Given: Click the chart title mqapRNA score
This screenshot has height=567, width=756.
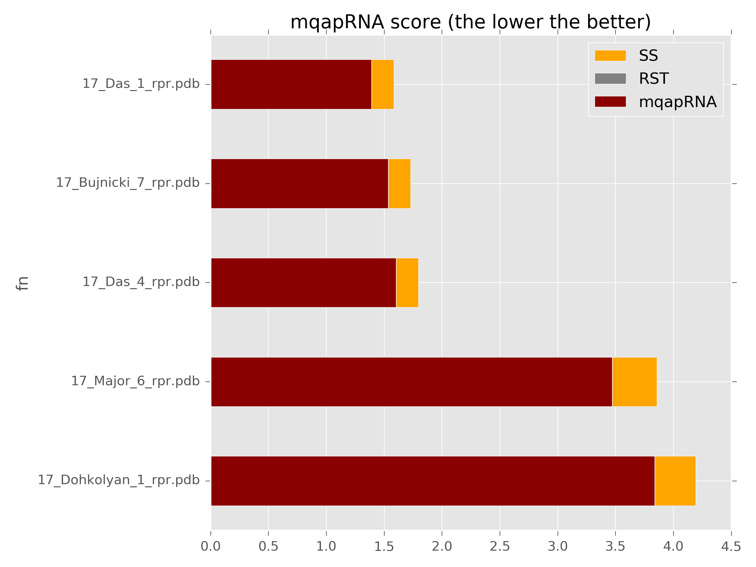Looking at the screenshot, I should [x=470, y=23].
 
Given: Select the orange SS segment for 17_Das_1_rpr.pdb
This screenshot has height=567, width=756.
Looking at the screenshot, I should [x=382, y=84].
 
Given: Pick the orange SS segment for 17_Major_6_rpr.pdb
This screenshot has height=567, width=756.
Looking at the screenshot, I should [x=634, y=382].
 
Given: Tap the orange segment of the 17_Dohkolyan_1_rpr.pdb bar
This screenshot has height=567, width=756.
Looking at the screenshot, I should [x=675, y=481].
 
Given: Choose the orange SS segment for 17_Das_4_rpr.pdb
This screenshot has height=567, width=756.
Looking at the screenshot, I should [x=407, y=283].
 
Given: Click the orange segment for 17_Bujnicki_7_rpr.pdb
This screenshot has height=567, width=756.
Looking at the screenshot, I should [x=399, y=184].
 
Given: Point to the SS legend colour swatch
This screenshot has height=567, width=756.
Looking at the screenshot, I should [x=610, y=56].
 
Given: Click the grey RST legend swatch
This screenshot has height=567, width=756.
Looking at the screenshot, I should [x=610, y=79].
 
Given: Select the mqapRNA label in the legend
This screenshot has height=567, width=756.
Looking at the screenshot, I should [x=677, y=102].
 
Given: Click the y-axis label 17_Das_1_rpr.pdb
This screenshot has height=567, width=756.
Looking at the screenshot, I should [x=141, y=84].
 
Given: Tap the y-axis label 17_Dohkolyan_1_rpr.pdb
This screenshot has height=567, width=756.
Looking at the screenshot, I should [x=118, y=480].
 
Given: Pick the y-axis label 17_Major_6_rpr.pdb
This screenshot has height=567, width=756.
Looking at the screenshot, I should [x=135, y=381].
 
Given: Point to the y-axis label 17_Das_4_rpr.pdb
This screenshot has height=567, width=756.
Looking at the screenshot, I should [x=141, y=282].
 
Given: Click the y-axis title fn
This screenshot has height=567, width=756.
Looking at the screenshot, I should [x=23, y=283].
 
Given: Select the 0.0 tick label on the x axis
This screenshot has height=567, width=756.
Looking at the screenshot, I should [x=210, y=547].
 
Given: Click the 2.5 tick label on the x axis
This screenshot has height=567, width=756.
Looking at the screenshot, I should [x=500, y=547].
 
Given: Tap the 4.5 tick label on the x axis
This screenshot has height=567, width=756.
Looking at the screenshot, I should [x=731, y=547].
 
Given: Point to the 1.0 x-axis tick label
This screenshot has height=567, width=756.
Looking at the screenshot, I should [x=326, y=547].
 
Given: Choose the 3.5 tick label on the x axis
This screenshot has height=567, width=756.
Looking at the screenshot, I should [x=615, y=547].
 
